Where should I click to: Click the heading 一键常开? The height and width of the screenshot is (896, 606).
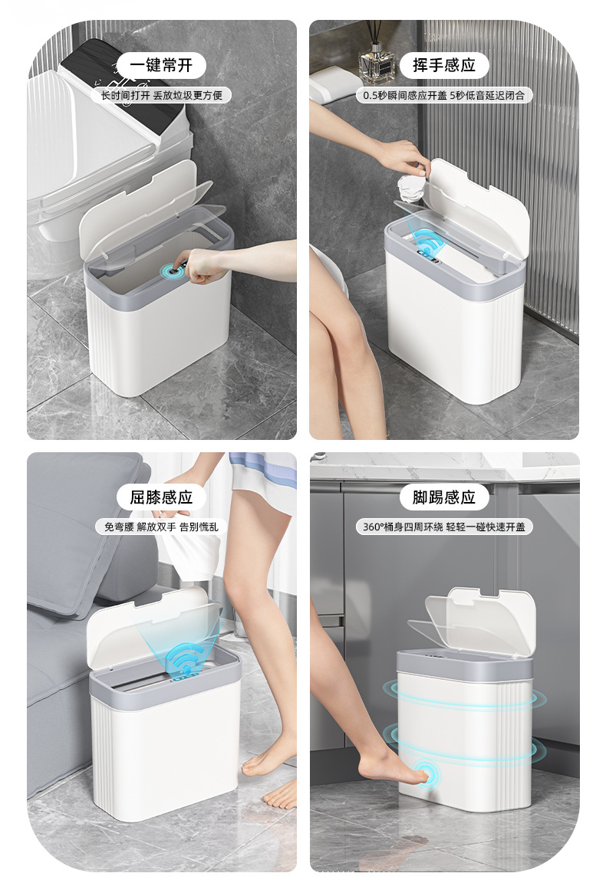tap(160, 65)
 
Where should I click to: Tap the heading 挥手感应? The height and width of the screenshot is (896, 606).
tap(444, 65)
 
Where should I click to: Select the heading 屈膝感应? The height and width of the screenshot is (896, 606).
tap(160, 497)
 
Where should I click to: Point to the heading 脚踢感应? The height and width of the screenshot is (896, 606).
tap(444, 497)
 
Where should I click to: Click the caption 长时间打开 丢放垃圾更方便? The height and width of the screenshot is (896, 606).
tap(162, 96)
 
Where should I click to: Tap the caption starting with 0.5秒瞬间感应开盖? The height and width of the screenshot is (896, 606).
tap(443, 96)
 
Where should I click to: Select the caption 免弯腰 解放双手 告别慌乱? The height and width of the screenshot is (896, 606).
tap(161, 527)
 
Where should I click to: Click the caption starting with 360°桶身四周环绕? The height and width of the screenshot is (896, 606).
tap(444, 527)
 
